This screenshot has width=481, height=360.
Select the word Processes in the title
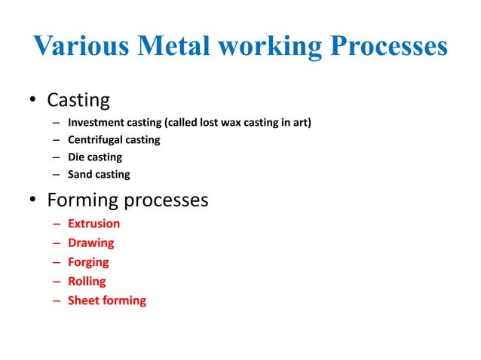(383, 47)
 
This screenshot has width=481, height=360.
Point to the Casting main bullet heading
(78, 99)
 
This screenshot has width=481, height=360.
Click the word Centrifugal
(95, 139)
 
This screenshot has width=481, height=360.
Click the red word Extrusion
(93, 224)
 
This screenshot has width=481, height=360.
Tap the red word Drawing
(90, 243)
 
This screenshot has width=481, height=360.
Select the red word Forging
(88, 262)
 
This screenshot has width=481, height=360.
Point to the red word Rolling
(87, 282)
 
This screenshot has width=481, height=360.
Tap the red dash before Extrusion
(57, 224)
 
